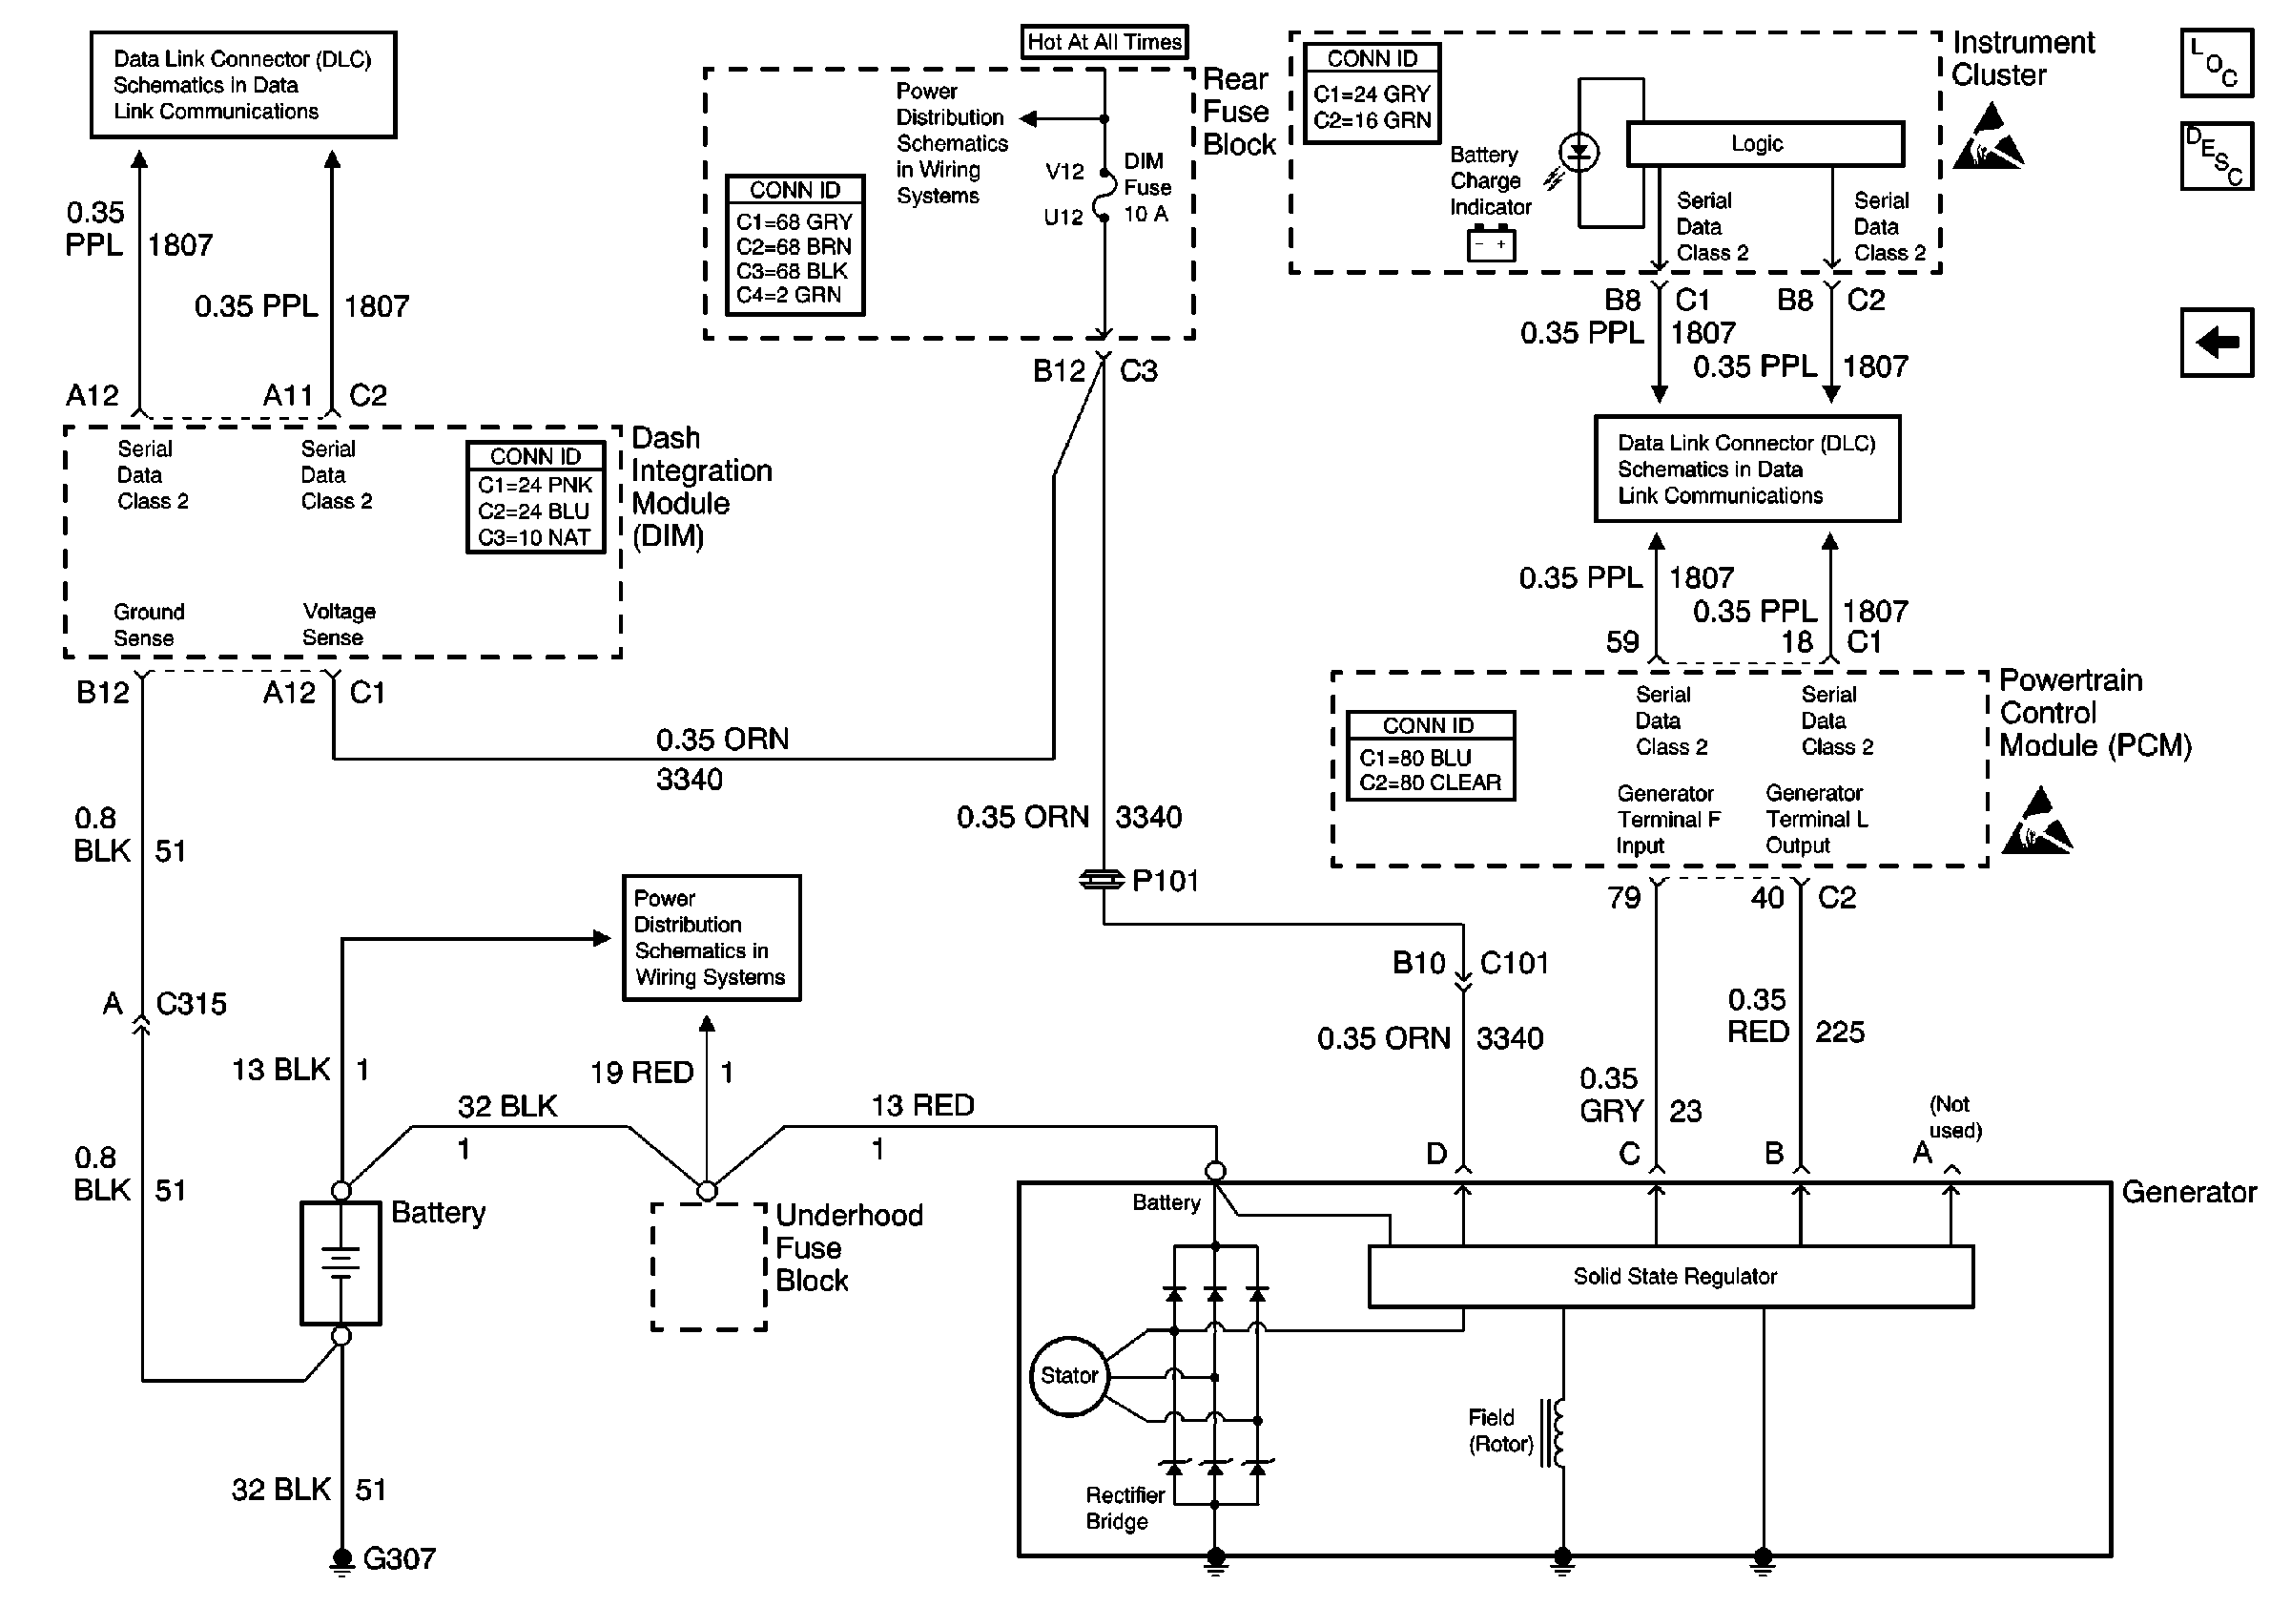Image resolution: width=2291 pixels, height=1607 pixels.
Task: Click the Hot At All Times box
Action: point(1104,42)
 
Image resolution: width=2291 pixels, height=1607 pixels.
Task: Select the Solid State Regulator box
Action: point(1673,1277)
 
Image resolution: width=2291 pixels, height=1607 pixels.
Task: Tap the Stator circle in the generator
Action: point(1068,1375)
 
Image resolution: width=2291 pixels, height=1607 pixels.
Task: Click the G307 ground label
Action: point(398,1558)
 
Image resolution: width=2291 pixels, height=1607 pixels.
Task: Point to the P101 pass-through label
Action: point(1165,881)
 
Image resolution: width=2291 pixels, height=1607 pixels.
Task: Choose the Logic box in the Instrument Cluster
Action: point(1765,144)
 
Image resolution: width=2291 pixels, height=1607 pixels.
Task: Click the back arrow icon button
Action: point(2217,343)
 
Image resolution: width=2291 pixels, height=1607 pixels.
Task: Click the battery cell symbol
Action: point(341,1263)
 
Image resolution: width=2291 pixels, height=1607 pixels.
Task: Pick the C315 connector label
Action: point(191,1003)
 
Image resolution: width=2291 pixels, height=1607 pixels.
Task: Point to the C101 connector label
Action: point(1514,963)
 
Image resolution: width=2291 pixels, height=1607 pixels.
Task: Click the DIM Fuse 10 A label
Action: point(1146,188)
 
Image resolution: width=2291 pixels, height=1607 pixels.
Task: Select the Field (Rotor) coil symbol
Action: point(1555,1432)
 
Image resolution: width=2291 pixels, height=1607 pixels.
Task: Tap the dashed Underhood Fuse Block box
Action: point(709,1265)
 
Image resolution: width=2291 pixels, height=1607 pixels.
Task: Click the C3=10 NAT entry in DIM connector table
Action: point(534,538)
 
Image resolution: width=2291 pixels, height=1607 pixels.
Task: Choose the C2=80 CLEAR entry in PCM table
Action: point(1430,783)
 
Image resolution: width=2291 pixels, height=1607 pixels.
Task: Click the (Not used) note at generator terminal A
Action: point(1953,1117)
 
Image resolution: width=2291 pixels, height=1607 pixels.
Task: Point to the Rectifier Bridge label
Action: point(1124,1508)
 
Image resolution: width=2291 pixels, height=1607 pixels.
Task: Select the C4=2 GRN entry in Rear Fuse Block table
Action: point(788,296)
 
